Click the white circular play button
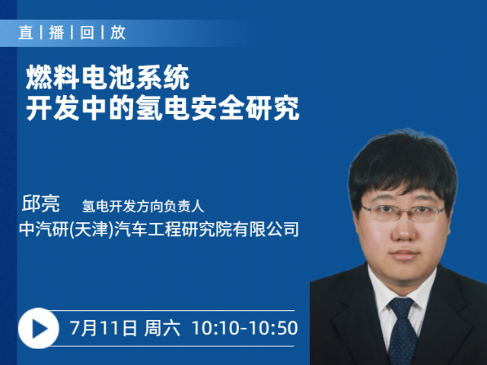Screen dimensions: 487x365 (39, 328)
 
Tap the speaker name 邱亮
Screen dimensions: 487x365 (40, 204)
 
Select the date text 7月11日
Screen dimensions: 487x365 (103, 328)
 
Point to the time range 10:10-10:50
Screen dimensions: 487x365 (245, 328)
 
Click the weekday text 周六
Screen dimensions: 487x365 (162, 328)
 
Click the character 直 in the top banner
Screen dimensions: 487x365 (26, 32)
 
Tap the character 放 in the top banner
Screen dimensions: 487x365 (118, 32)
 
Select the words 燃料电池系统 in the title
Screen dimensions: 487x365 (107, 78)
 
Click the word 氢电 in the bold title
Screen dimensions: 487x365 (162, 108)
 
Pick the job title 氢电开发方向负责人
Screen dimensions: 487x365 (143, 206)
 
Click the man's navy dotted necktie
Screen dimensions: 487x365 (403, 331)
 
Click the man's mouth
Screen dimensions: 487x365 (404, 255)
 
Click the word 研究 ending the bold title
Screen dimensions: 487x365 (272, 108)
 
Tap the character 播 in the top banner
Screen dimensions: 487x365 (56, 32)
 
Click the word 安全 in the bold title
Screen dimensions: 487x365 (217, 108)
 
